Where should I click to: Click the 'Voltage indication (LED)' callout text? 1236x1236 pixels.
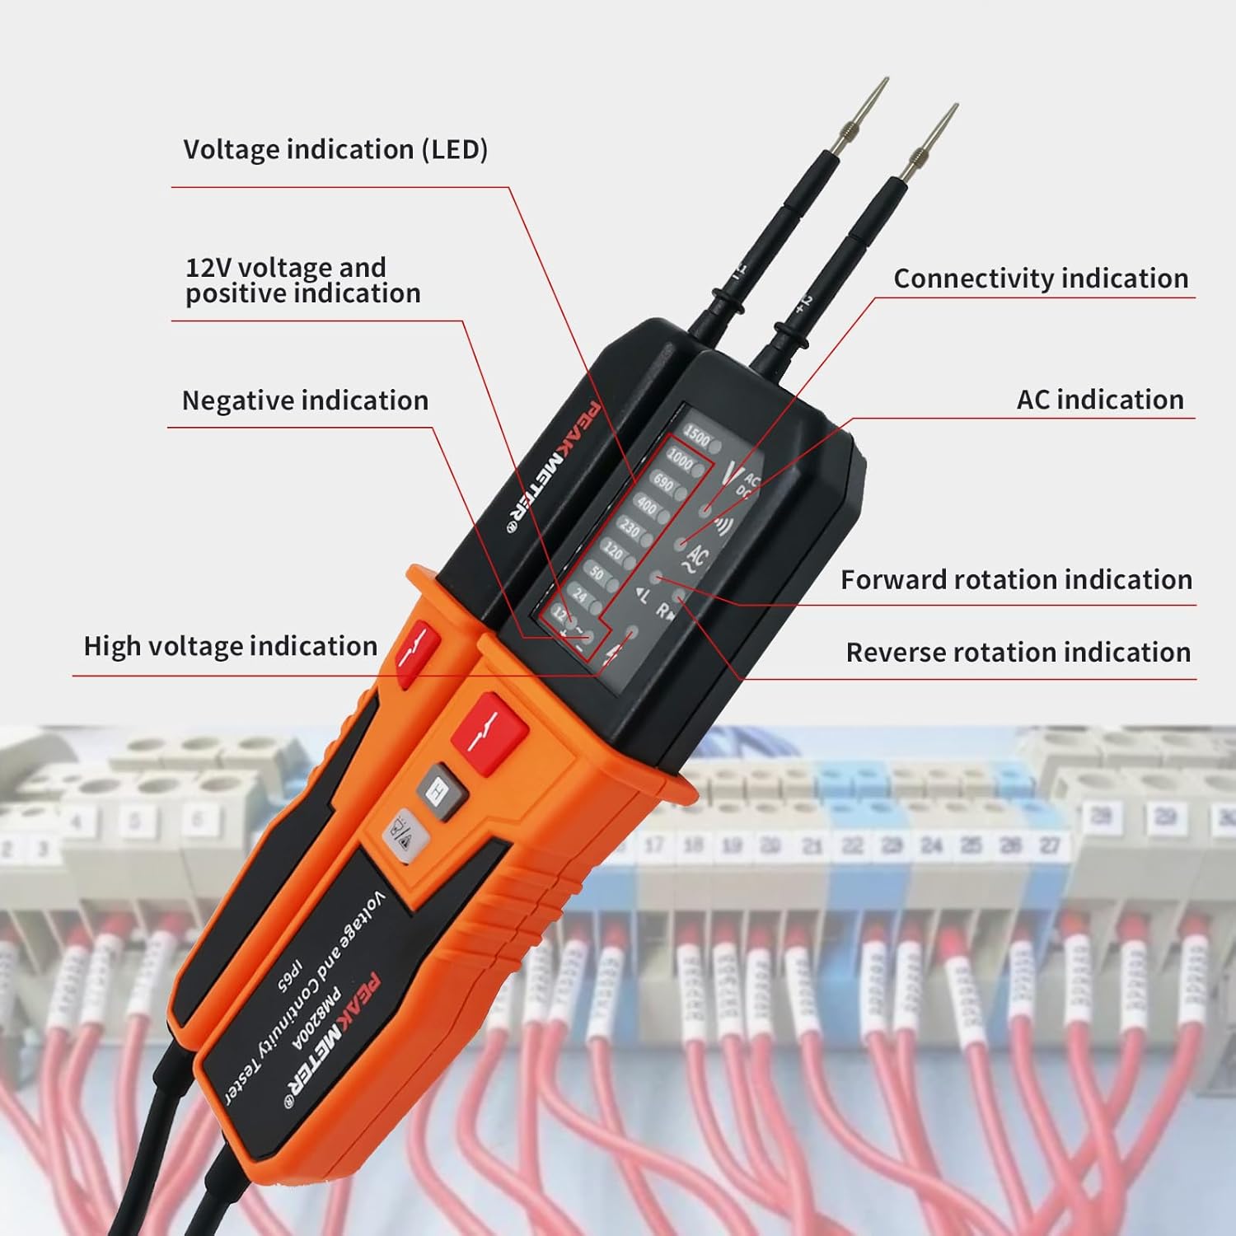[335, 150]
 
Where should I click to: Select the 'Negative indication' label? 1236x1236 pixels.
[305, 400]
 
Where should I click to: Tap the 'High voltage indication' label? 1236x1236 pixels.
[231, 646]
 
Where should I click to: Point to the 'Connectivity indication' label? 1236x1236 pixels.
[1040, 279]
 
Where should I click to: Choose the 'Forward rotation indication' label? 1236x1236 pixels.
[1016, 580]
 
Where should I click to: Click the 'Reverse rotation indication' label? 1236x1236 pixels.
[1018, 653]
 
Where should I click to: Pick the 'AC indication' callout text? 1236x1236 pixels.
[1099, 400]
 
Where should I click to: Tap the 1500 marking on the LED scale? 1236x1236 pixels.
[696, 438]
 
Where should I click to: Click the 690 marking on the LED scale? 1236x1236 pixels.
[662, 482]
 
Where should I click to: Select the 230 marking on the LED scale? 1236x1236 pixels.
[629, 527]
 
